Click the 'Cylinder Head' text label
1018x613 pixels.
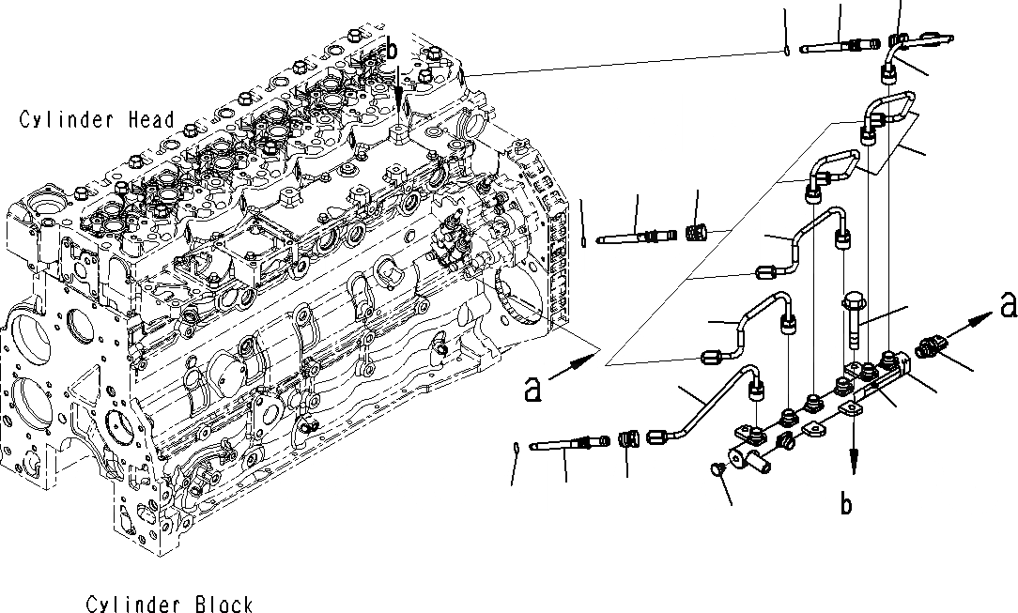[97, 119]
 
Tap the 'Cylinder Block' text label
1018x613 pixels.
[169, 604]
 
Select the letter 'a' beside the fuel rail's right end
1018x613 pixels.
[1008, 305]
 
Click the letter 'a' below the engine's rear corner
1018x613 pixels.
[533, 389]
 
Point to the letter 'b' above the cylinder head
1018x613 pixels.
[393, 49]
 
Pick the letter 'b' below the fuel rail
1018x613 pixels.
[846, 505]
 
